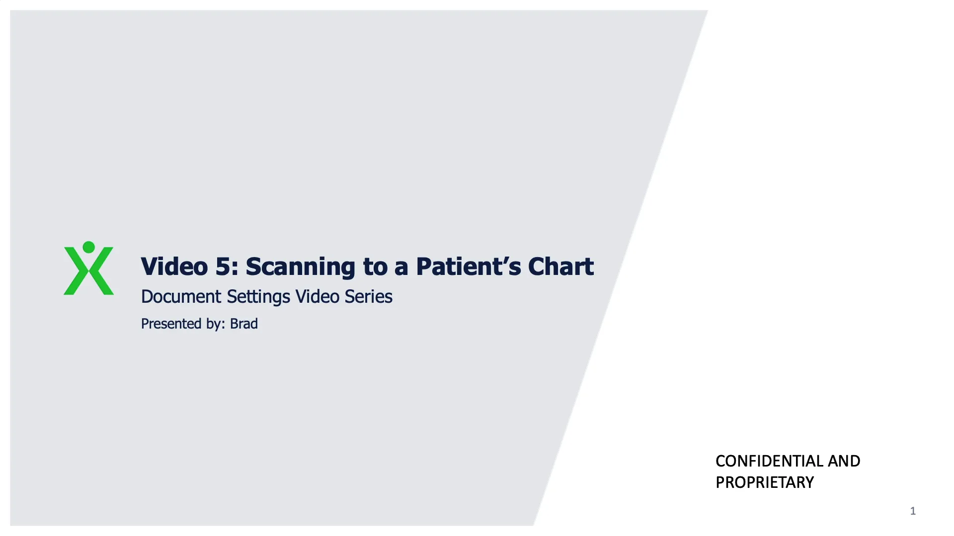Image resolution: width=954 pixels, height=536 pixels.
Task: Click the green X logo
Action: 88,273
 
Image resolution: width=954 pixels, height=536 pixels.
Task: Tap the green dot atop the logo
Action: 88,247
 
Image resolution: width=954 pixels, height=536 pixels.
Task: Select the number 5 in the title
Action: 222,267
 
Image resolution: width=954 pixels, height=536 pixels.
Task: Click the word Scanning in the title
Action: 300,267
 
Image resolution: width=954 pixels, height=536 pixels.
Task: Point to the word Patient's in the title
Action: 468,267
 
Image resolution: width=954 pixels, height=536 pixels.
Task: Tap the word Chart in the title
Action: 560,267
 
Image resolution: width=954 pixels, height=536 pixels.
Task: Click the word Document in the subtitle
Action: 181,297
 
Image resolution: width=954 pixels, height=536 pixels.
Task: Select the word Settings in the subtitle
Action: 258,297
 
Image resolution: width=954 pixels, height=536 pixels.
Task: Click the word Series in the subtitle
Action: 368,297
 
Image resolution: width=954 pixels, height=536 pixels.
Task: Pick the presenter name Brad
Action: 243,324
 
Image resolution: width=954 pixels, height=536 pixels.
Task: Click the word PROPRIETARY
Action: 764,482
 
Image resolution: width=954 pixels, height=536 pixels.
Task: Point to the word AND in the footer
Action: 844,461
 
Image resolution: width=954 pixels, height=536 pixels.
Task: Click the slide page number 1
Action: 912,511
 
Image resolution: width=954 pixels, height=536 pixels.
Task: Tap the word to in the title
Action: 375,267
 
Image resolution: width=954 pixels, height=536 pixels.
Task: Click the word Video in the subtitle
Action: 317,297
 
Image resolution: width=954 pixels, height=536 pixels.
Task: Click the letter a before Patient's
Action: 401,268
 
